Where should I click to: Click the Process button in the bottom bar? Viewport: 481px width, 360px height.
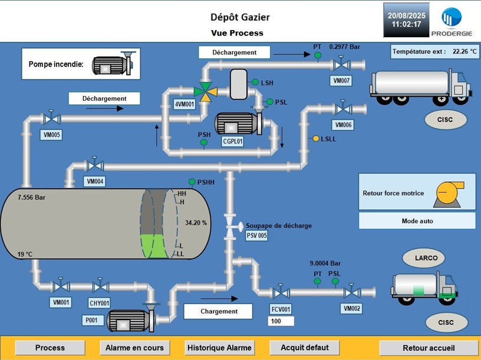pyautogui.click(x=50, y=348)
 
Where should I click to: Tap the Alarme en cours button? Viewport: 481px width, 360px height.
pyautogui.click(x=134, y=348)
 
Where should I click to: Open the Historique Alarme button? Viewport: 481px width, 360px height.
pyautogui.click(x=219, y=348)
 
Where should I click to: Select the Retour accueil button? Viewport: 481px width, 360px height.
pyautogui.click(x=427, y=348)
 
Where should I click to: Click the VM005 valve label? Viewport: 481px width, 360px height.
pyautogui.click(x=52, y=135)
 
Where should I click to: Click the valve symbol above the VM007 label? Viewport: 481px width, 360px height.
pyautogui.click(x=341, y=64)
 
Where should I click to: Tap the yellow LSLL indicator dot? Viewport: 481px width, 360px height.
pyautogui.click(x=316, y=138)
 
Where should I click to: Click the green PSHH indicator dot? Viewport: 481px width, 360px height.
pyautogui.click(x=192, y=182)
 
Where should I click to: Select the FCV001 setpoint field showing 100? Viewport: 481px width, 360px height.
pyautogui.click(x=281, y=322)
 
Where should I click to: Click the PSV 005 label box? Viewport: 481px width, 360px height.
pyautogui.click(x=256, y=236)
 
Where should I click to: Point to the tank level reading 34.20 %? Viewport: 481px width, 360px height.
pyautogui.click(x=196, y=223)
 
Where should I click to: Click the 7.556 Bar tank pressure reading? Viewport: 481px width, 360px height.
pyautogui.click(x=32, y=197)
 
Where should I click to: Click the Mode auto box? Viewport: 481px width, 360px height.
pyautogui.click(x=417, y=221)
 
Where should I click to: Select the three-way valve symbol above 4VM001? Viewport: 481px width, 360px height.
pyautogui.click(x=205, y=92)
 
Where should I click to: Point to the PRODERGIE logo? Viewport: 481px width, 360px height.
pyautogui.click(x=452, y=22)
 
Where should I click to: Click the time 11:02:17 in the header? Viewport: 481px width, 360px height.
pyautogui.click(x=407, y=25)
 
